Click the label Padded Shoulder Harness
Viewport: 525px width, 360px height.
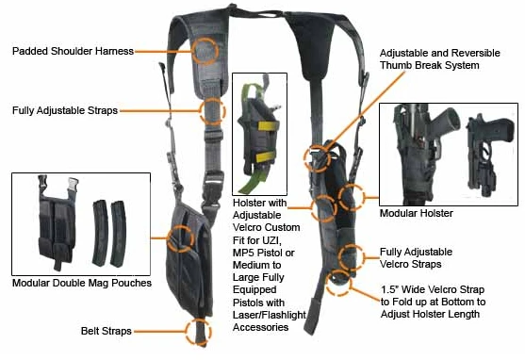coord(72,50)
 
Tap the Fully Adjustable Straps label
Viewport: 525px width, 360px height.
coord(64,110)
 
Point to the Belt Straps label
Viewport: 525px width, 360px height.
coord(106,331)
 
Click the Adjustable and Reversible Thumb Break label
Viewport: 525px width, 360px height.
coord(429,58)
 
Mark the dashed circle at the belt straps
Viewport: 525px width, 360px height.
coord(198,331)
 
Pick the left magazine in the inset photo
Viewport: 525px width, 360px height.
coord(97,231)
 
